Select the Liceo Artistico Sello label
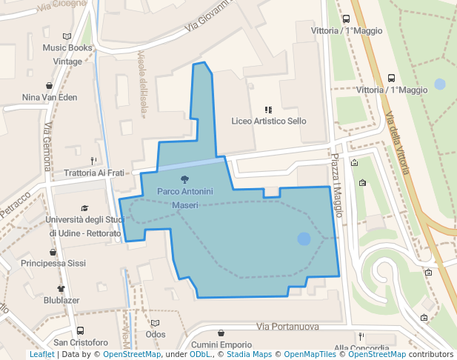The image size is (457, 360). click(268, 121)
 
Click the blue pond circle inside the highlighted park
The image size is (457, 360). click(304, 239)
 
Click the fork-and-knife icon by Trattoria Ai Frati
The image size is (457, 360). click(93, 160)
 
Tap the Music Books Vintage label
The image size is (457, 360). click(67, 55)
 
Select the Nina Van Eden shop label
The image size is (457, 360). click(50, 97)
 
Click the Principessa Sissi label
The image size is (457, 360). click(53, 263)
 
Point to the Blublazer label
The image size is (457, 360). click(61, 300)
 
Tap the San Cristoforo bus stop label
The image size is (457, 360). click(79, 343)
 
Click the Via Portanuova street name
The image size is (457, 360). click(287, 327)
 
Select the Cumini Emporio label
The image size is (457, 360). click(221, 344)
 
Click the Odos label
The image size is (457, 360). click(156, 334)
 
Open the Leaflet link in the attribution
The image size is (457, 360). click(41, 355)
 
